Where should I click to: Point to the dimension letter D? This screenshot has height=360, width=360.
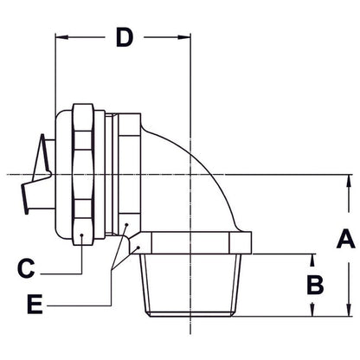125,39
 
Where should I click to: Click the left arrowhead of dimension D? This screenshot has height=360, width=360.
61,38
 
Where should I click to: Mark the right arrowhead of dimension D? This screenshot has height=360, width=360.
186,38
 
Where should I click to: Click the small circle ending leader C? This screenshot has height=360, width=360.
80,235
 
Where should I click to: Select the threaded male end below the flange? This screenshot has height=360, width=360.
190,285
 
